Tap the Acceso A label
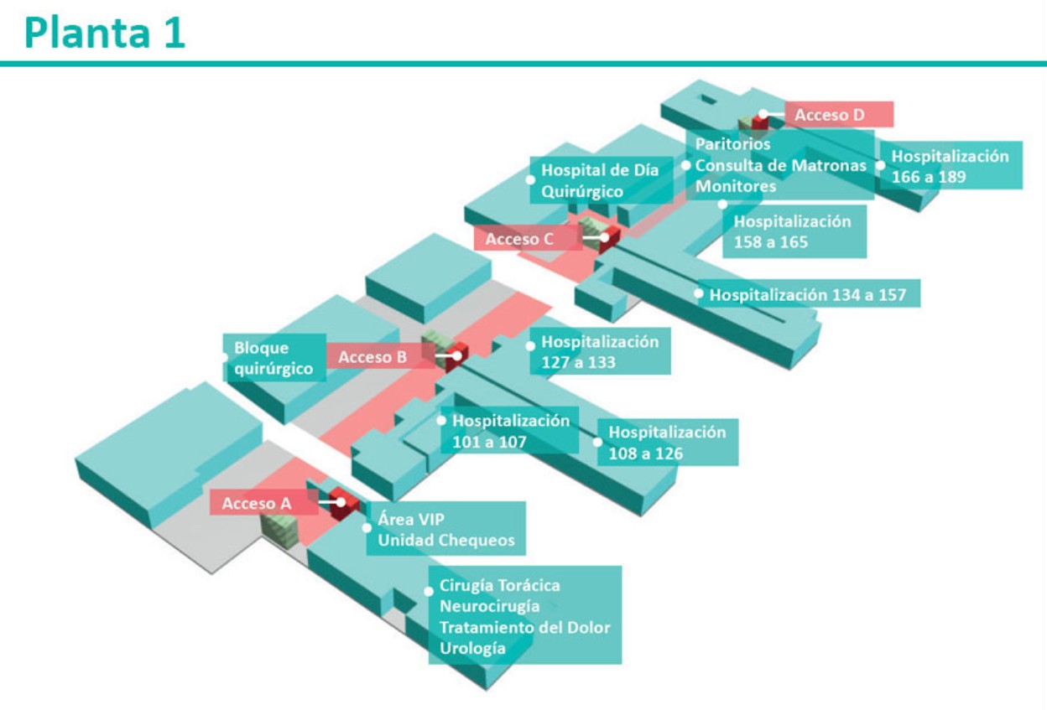[x=257, y=504]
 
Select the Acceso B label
[x=372, y=357]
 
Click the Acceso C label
[x=519, y=239]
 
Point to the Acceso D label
[x=829, y=115]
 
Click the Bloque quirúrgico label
[x=273, y=358]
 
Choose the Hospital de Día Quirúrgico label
[x=599, y=181]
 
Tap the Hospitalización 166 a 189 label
[x=950, y=166]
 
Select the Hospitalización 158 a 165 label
[x=792, y=231]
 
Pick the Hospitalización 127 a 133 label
[x=599, y=352]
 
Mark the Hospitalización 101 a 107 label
[x=510, y=431]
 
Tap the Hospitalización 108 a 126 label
[x=666, y=443]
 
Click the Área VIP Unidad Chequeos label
[x=445, y=529]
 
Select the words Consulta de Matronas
[x=780, y=165]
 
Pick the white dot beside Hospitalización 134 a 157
[x=698, y=293]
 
